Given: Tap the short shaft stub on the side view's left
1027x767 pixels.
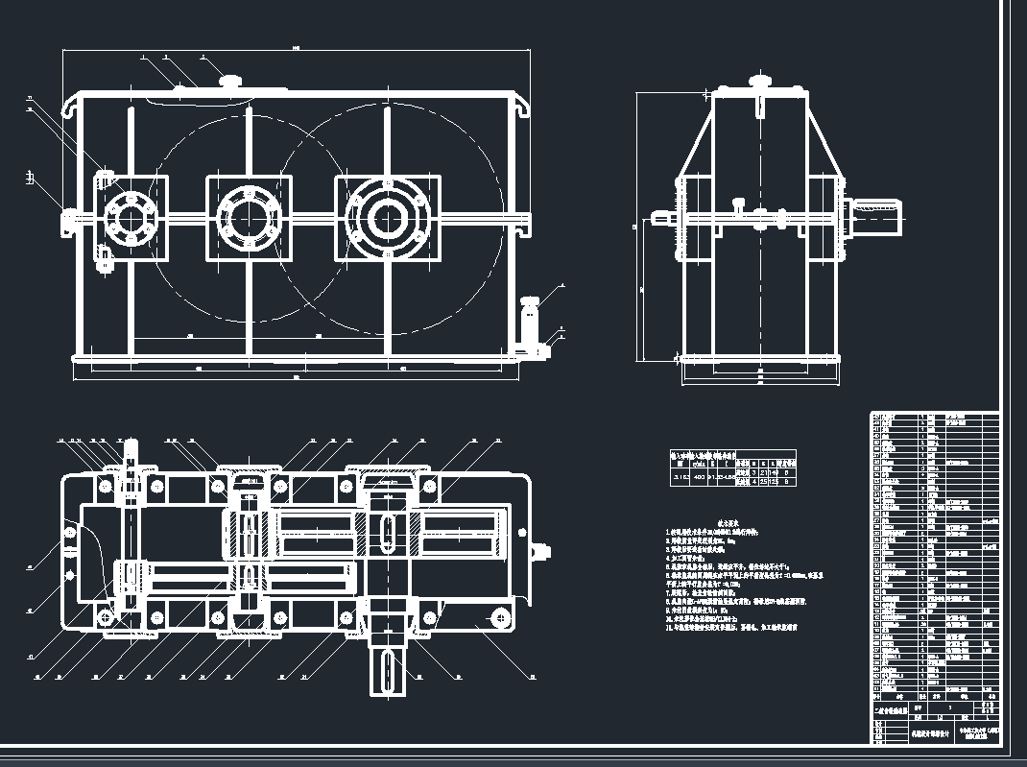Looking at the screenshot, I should [663, 219].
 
